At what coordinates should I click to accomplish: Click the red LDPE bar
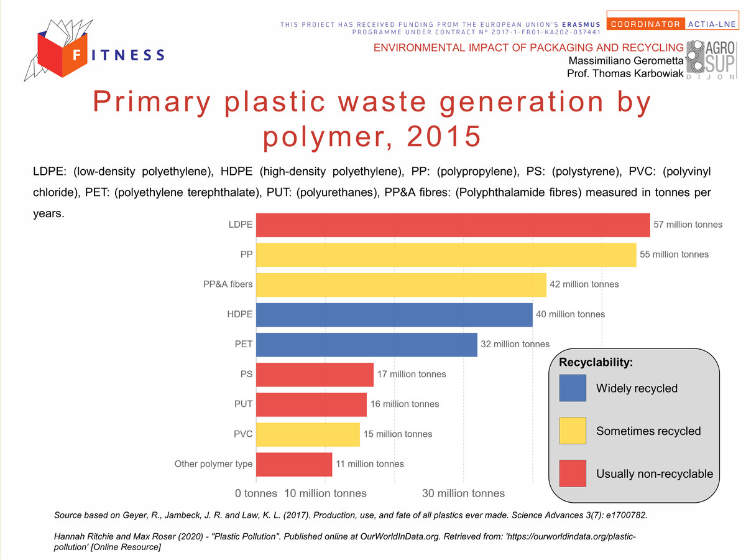point(453,225)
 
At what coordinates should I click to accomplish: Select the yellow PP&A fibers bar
point(401,284)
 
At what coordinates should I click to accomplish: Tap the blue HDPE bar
point(394,314)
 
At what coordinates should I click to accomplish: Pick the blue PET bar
point(366,345)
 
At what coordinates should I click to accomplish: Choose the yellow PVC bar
point(308,434)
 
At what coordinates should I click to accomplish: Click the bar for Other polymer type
point(294,464)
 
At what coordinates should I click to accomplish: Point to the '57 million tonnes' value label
point(688,225)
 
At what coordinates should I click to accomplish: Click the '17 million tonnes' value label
point(412,374)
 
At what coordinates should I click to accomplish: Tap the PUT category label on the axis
point(243,404)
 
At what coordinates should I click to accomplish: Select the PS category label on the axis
point(246,374)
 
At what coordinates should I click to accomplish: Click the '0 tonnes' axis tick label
point(256,493)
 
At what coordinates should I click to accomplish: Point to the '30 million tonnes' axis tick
point(463,493)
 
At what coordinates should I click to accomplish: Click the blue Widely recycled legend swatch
point(573,388)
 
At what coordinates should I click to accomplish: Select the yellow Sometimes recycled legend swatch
point(573,431)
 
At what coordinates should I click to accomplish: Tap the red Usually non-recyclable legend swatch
point(573,474)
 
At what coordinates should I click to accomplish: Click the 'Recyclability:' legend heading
point(596,362)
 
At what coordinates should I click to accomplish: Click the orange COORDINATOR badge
point(645,24)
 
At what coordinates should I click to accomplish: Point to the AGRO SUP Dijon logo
point(711,60)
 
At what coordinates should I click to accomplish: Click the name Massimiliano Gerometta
point(625,60)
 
